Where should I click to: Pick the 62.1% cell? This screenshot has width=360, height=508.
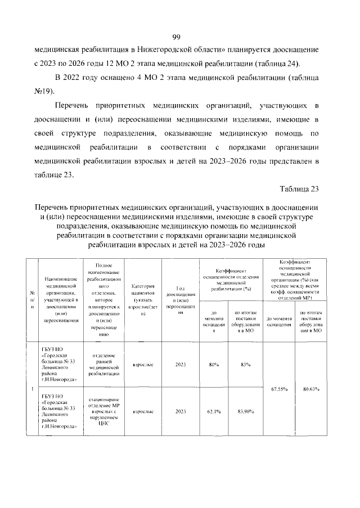coord(214,412)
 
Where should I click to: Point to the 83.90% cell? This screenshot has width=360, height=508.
coord(245,412)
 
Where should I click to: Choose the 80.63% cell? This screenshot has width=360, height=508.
coord(311,388)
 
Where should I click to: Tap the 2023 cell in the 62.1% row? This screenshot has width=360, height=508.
coord(181,412)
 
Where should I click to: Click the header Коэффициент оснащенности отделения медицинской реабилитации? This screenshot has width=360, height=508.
coord(229,280)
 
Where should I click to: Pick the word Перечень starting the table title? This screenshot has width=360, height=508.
coord(53,208)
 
